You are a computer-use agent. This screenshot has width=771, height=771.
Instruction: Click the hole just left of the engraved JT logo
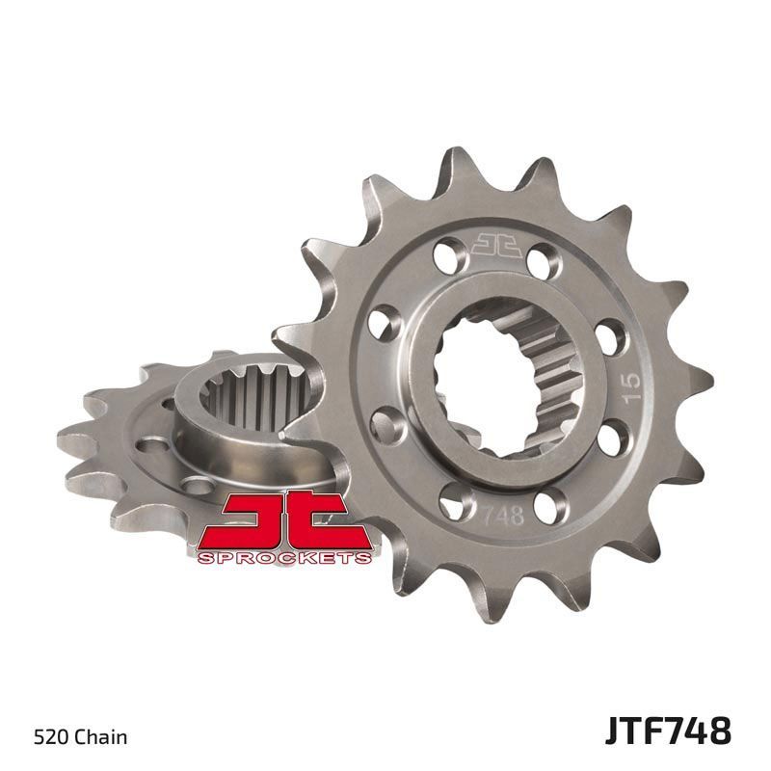pos(445,256)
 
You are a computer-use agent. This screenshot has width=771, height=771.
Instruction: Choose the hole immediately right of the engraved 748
pos(553,504)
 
